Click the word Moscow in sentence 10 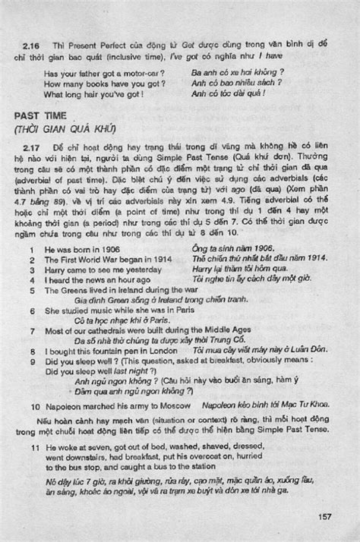click(167, 407)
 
